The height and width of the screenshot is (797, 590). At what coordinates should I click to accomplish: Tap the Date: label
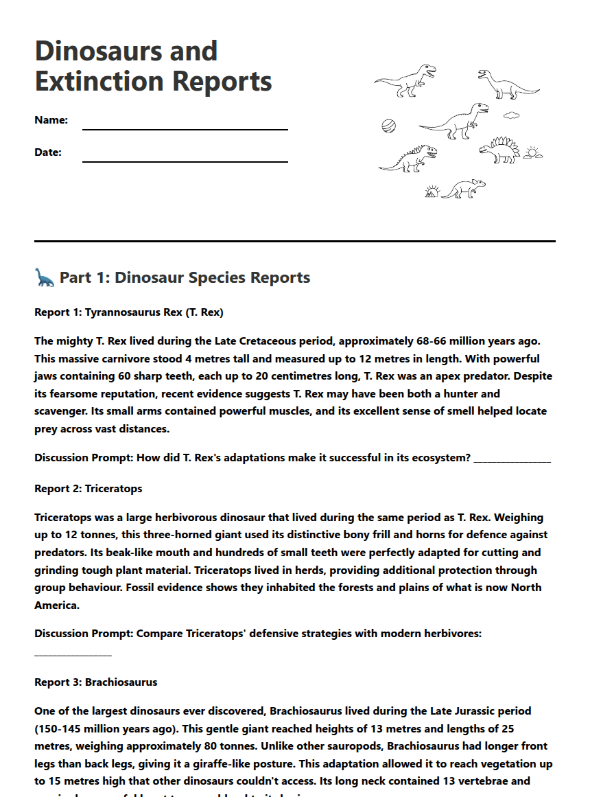48,152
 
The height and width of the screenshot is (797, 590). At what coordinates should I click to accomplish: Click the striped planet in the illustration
389,126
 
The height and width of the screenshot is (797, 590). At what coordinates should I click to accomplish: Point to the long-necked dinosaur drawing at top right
508,84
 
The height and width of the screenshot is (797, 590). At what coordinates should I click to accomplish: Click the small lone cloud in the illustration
512,115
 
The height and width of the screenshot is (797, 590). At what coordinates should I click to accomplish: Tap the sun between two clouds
532,153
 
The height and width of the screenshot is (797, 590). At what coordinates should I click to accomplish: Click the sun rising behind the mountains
432,192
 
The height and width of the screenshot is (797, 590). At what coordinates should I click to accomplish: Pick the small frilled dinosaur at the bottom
464,188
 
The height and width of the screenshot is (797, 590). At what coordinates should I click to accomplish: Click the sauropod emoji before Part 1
45,277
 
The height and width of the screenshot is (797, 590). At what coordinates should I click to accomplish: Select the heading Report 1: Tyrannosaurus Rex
129,312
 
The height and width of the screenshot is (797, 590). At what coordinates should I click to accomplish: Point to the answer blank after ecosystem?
512,458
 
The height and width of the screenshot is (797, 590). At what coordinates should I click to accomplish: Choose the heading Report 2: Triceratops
88,489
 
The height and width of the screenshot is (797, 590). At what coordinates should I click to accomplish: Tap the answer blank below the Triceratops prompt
73,651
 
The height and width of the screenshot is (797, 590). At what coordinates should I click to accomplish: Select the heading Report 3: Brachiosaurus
96,682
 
